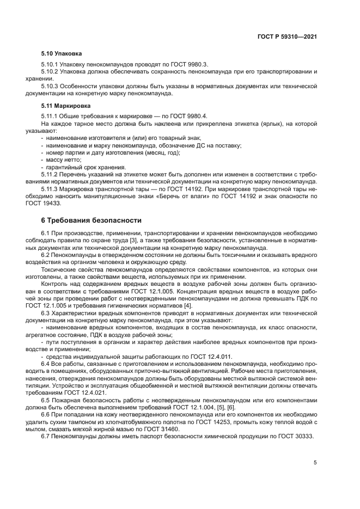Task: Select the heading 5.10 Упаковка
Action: point(62,54)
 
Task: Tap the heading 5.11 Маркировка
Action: point(66,105)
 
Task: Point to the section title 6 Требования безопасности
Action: point(91,220)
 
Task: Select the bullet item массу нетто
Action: point(64,160)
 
